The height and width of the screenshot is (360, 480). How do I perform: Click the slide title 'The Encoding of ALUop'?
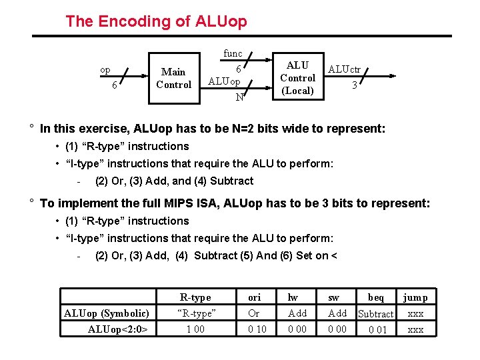coord(156,21)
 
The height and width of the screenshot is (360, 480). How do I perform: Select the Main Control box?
coord(173,78)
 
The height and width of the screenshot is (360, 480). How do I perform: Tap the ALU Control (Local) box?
coord(297,78)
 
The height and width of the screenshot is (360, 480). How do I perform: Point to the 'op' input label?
coord(105,70)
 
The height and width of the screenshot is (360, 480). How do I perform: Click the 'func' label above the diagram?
coord(233,53)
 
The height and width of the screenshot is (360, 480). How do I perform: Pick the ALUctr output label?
coord(344,69)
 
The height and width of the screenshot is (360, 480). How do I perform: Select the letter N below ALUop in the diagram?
coord(238,97)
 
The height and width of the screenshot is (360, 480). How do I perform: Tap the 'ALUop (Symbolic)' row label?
coord(107,313)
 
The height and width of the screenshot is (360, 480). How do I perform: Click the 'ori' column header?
coord(254,297)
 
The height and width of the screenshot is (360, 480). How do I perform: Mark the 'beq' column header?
coord(376,297)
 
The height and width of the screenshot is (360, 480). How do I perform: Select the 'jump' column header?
coord(415,297)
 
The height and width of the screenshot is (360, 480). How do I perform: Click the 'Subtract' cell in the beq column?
coord(376,313)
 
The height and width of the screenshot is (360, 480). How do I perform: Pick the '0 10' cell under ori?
coord(257,329)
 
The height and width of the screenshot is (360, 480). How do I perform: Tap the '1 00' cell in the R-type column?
coord(195,329)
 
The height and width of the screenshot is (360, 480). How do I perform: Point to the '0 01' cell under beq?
coord(377,329)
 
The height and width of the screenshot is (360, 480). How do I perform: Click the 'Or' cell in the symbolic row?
coord(254,313)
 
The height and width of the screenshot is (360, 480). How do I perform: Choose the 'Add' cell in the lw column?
coord(297,313)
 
